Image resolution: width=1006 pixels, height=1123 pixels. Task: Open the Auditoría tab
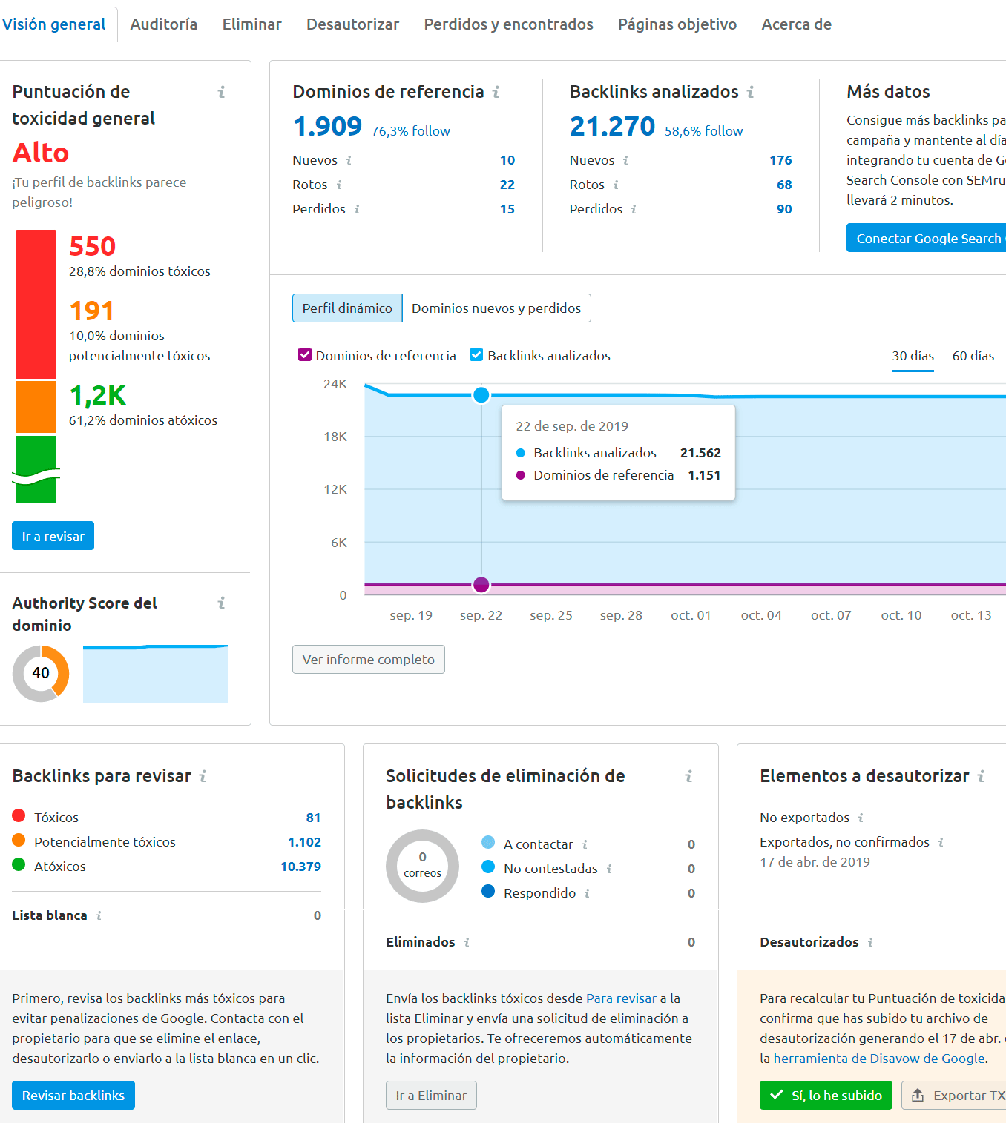163,24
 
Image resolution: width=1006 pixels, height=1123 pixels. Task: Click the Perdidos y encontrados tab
508,24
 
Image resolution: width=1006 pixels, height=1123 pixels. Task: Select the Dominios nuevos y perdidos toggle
496,308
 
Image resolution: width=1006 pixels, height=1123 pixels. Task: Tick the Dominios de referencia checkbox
305,355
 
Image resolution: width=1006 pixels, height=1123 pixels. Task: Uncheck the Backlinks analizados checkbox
476,355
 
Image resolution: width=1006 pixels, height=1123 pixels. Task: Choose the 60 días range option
973,356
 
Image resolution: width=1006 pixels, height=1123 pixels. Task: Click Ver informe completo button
369,660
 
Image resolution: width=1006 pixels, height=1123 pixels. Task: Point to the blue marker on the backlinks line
481,395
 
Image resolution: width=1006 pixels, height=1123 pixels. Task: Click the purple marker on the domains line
481,585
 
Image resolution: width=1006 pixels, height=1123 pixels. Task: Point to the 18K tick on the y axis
335,437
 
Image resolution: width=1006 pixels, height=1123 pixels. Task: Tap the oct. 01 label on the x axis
691,615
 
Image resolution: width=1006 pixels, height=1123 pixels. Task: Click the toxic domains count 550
93,246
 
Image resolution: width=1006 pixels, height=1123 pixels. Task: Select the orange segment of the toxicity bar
36,406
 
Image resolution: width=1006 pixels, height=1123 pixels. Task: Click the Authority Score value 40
41,673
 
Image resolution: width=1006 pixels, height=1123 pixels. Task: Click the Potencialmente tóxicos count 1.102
304,842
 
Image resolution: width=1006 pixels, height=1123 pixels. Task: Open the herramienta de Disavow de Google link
879,1059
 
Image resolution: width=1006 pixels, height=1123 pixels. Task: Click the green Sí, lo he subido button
826,1096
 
